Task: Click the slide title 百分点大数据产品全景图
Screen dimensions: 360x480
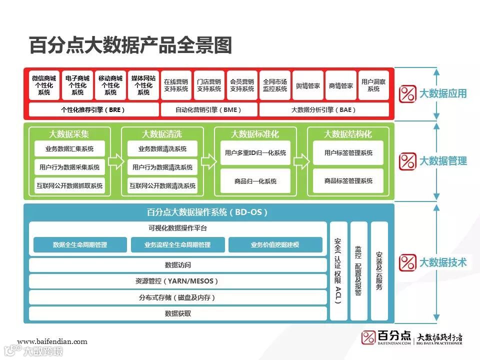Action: (130, 45)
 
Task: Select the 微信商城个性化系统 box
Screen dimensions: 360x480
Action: (44, 85)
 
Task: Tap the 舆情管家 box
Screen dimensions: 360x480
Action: (307, 85)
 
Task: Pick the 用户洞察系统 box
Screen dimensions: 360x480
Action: (373, 85)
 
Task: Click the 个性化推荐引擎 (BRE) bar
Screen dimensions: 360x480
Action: (93, 109)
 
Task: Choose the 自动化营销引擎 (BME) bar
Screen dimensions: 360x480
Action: (208, 109)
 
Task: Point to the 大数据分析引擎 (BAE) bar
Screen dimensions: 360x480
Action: (324, 109)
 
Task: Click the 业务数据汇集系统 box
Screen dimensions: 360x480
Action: (69, 148)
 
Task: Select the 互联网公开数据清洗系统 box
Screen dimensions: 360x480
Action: (162, 185)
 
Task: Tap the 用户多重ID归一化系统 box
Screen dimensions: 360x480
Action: (255, 153)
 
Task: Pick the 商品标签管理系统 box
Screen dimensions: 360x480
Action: (348, 180)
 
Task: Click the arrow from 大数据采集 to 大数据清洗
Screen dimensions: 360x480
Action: (115, 161)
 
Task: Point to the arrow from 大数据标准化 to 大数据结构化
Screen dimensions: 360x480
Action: (301, 161)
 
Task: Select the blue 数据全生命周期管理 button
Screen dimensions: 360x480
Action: (80, 245)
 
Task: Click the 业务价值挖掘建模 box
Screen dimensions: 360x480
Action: (275, 245)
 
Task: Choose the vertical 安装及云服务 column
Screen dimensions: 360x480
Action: (379, 270)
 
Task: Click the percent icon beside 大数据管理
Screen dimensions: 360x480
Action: (408, 161)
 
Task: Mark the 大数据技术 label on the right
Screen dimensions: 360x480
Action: (442, 262)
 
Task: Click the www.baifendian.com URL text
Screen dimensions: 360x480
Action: (52, 342)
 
